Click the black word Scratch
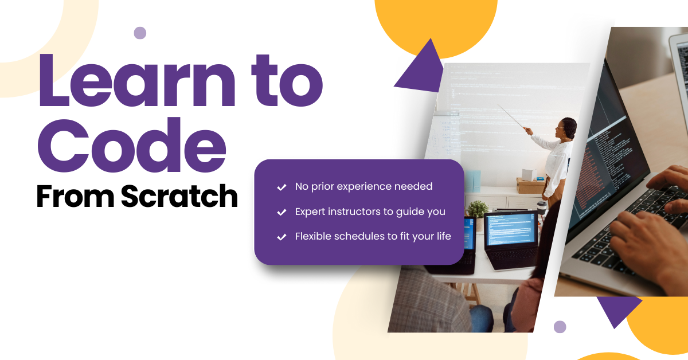179,197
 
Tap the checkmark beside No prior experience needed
282,187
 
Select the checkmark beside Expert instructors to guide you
282,212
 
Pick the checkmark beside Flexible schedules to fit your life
282,237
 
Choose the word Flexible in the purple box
313,236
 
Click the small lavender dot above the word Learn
140,33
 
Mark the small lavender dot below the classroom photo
560,327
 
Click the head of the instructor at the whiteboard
568,127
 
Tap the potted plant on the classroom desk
477,209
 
